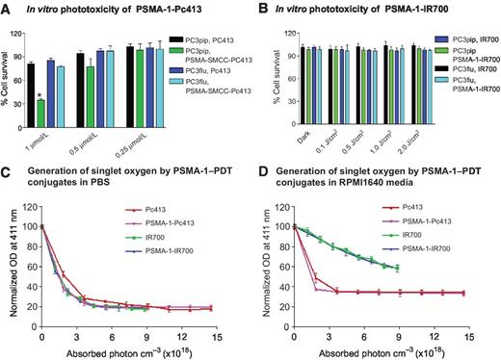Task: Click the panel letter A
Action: [7, 8]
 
